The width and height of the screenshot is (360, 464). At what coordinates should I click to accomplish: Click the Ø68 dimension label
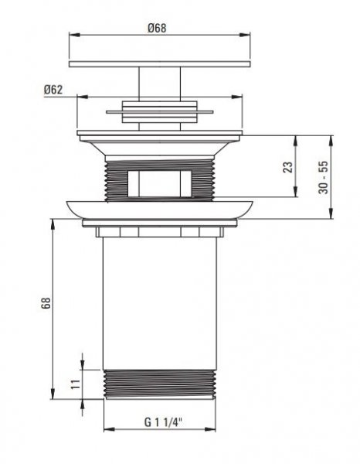pos(157,28)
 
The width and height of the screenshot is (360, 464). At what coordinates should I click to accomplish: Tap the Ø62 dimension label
pos(53,90)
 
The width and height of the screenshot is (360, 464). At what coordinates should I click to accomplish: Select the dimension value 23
pos(288,167)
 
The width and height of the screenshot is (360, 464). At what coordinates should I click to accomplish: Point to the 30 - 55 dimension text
pos(323,177)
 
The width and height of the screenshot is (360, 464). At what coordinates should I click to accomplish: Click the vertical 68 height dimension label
pos(46,303)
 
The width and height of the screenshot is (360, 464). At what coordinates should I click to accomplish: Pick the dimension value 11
pos(76,384)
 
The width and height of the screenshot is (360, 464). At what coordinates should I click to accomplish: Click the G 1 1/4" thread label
pos(163,422)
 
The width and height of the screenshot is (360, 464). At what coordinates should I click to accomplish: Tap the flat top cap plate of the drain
pos(160,64)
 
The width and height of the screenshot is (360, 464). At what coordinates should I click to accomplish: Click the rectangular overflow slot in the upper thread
pos(160,183)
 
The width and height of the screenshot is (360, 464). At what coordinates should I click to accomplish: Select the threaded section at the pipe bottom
pos(160,384)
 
